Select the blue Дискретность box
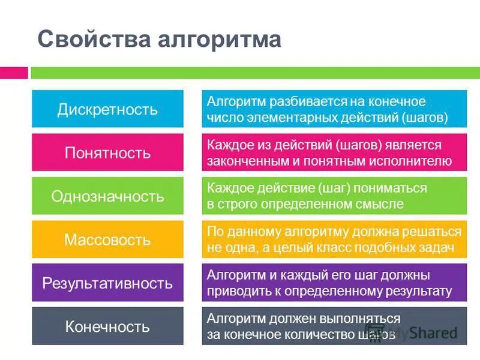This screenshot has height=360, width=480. click(107, 109)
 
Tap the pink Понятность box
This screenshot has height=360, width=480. click(107, 152)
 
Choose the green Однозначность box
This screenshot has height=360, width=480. click(107, 196)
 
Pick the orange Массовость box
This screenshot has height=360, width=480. click(107, 240)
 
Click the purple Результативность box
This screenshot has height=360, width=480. click(107, 283)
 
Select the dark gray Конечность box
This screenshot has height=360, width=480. click(107, 327)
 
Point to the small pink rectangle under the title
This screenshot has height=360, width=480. click(14, 73)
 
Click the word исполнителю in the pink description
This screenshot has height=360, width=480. click(415, 161)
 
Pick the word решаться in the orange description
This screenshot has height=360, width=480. click(435, 232)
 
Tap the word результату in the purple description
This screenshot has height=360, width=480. click(417, 292)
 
